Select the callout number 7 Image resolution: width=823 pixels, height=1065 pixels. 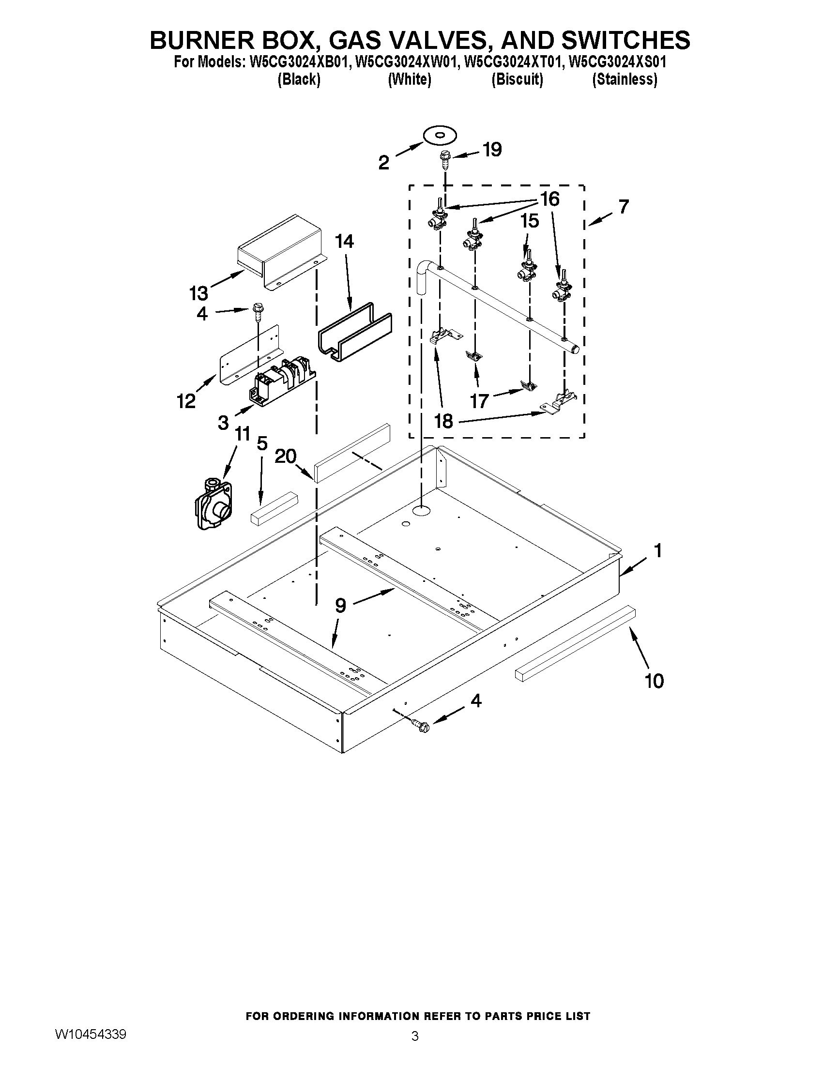click(x=624, y=207)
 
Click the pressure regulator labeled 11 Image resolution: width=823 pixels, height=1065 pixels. click(x=213, y=504)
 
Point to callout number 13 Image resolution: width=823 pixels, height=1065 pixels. click(x=198, y=293)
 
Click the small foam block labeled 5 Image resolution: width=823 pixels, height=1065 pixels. click(x=274, y=508)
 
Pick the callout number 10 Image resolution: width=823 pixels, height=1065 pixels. click(x=655, y=681)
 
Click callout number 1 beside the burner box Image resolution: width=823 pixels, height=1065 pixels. click(x=658, y=551)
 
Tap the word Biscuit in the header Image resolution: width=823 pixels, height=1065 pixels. click(x=517, y=79)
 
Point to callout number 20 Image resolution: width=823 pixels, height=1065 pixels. click(x=285, y=456)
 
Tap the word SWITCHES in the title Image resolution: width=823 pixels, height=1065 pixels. click(x=625, y=40)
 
